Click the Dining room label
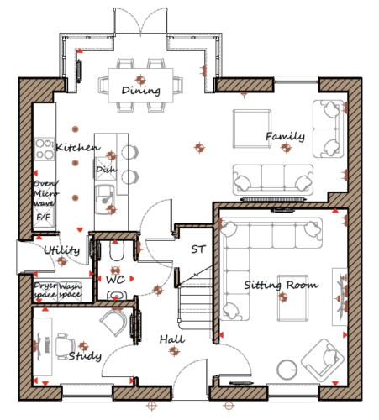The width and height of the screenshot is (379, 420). coord(141,91)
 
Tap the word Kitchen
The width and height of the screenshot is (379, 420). coord(78,147)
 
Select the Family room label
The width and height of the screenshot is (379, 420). coord(285,136)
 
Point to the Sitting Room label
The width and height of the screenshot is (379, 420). coord(282,285)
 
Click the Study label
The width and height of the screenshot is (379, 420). coord(85,356)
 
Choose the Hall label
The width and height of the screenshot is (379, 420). coord(172,339)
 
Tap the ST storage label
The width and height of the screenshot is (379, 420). coord(198,249)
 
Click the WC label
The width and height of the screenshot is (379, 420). coord(115,279)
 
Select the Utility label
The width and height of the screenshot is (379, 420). coord(62,250)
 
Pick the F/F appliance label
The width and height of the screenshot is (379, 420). coord(44,217)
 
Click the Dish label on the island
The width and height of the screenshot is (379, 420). coord(106,170)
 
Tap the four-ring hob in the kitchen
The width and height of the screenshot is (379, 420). coord(45,149)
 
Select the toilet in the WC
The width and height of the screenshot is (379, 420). coord(117,251)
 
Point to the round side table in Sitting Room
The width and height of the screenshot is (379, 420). coord(287,370)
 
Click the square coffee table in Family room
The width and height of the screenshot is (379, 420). coord(252,129)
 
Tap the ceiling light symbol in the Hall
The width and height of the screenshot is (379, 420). coord(174,350)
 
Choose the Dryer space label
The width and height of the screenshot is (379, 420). coord(45,291)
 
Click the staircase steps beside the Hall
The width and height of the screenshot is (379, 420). coord(195,298)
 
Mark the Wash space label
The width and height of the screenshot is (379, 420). coord(70,291)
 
